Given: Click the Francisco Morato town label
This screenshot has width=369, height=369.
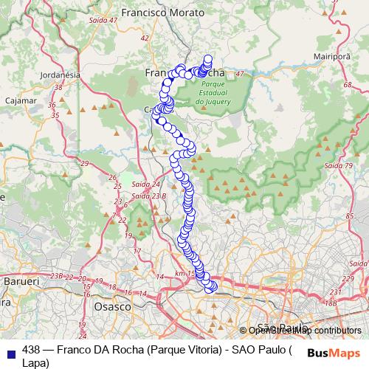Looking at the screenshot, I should (x=157, y=13).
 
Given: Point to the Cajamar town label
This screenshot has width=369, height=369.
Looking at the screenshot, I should (x=16, y=99).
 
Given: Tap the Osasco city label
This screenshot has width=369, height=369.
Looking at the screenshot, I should (x=114, y=306).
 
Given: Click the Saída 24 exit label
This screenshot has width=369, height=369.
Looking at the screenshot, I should (x=146, y=184).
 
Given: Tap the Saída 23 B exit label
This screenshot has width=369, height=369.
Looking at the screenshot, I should (x=148, y=196).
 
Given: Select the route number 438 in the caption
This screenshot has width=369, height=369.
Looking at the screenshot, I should (x=32, y=350).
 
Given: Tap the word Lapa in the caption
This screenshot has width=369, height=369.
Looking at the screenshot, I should (x=34, y=362).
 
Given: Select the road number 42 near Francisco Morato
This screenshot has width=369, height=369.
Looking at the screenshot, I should (x=145, y=38).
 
